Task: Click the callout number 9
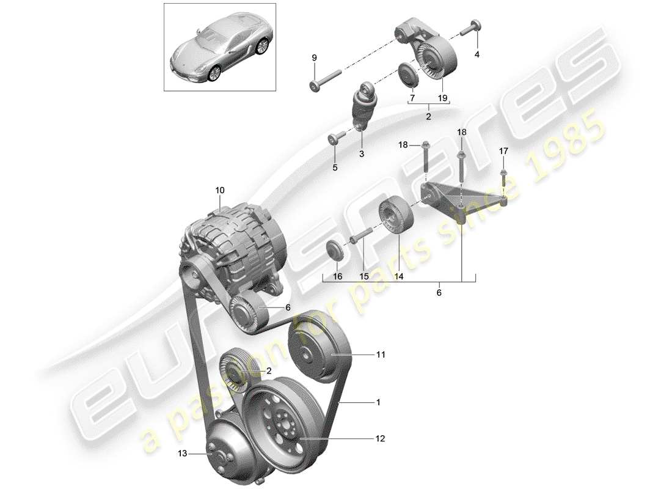[315, 57]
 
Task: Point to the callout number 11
[381, 354]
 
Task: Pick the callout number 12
[381, 438]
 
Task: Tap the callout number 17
[503, 150]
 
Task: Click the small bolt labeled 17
[503, 177]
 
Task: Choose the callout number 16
[337, 277]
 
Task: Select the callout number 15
[364, 277]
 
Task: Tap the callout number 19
[443, 98]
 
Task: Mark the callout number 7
[412, 98]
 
